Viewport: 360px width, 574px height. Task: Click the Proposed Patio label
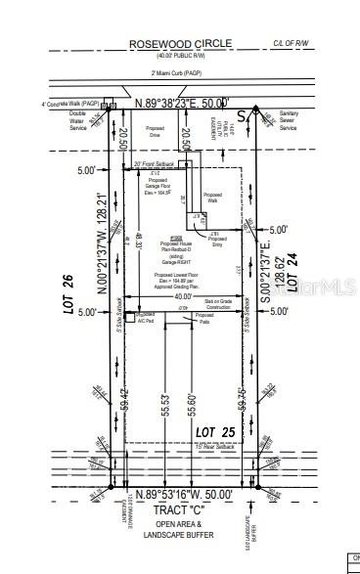pyautogui.click(x=204, y=318)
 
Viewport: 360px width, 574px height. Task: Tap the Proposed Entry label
pyautogui.click(x=217, y=241)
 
